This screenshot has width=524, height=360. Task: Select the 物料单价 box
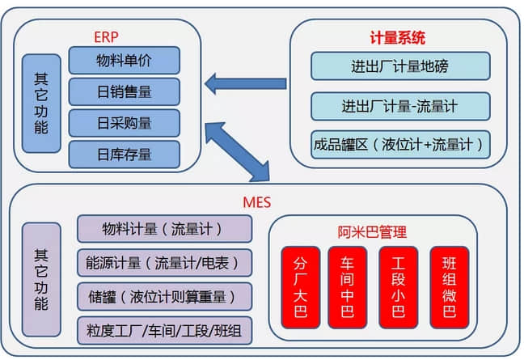click(x=124, y=61)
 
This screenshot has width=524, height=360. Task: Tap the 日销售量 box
click(x=124, y=91)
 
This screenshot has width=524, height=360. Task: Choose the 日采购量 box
click(x=124, y=123)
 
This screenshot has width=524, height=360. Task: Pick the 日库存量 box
click(x=124, y=154)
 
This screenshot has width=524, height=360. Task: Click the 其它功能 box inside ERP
click(x=41, y=104)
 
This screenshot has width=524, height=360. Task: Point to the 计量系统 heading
click(x=397, y=37)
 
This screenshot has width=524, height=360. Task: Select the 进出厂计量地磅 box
click(x=400, y=66)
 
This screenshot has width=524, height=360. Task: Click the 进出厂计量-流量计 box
click(x=400, y=106)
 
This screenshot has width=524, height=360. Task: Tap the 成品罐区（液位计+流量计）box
click(x=400, y=145)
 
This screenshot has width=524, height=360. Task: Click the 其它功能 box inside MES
click(x=41, y=279)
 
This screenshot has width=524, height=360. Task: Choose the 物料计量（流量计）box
click(x=164, y=228)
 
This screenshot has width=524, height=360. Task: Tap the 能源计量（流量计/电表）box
click(x=164, y=262)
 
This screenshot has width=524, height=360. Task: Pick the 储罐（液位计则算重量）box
click(x=164, y=296)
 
